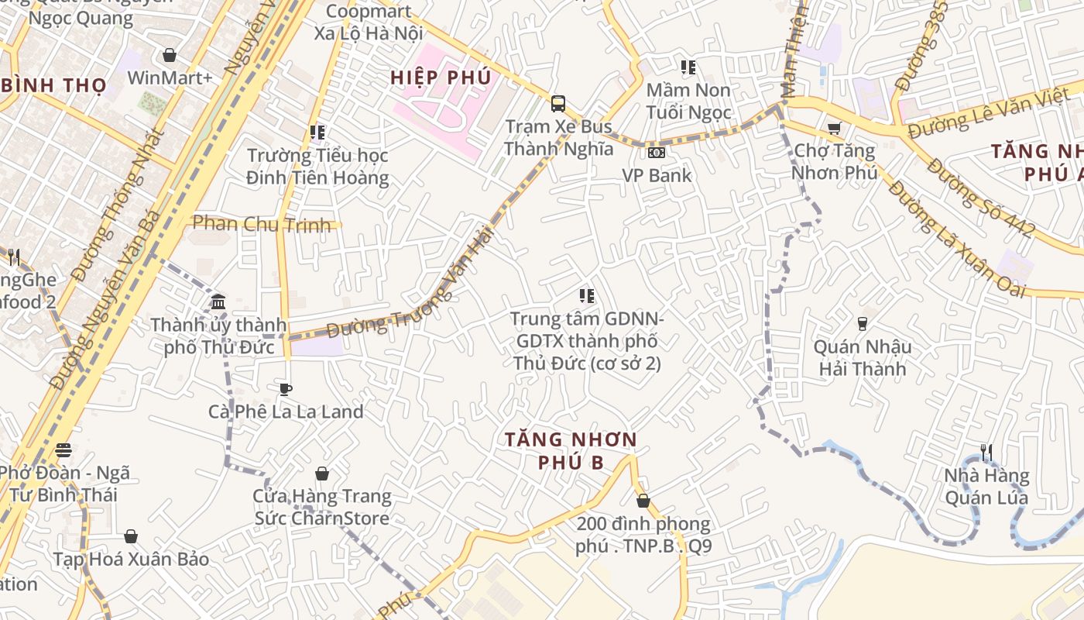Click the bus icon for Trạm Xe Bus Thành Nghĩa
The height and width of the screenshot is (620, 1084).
(x=557, y=103)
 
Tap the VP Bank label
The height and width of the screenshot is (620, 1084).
(x=657, y=175)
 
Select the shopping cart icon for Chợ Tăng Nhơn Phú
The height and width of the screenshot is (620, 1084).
(x=834, y=128)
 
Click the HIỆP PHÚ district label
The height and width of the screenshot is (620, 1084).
(x=441, y=77)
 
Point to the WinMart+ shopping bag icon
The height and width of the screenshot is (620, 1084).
(x=169, y=55)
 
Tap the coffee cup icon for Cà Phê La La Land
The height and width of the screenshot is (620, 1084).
(x=286, y=388)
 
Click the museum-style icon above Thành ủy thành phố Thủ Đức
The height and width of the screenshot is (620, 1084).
(x=218, y=301)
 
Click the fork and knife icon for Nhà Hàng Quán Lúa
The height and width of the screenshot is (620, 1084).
(x=986, y=452)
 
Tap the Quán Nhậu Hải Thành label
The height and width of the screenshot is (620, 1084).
(x=863, y=357)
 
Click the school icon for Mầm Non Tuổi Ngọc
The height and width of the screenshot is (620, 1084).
(x=688, y=67)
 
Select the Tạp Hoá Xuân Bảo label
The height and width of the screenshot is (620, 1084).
(x=131, y=559)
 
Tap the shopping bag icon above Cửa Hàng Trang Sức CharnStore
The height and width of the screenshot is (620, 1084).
(x=322, y=473)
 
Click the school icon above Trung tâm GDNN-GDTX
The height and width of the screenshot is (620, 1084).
(x=587, y=295)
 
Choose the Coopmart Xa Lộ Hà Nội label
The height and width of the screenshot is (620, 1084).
(x=368, y=22)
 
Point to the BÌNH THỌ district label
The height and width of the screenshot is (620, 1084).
(x=53, y=85)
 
